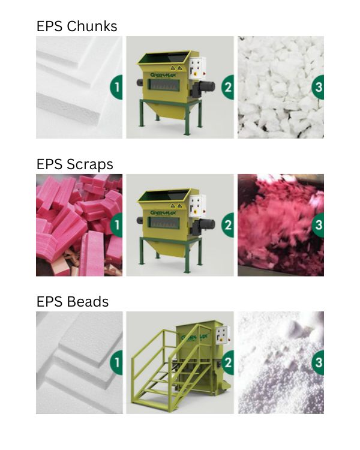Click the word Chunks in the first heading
pos(92,26)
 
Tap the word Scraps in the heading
pos(89,165)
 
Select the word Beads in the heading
pos(88,302)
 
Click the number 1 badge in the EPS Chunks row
pos(116,87)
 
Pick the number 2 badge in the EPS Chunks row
pos(227,87)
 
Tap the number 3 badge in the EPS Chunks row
pos(318,87)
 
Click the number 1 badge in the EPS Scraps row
pos(116,225)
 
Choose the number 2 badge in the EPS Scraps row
pos(227,225)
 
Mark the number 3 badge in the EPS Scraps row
pos(318,225)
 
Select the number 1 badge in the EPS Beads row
pos(116,362)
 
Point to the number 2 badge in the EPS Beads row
pos(227,362)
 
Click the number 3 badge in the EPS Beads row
pos(318,362)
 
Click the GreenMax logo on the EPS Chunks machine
pos(163,75)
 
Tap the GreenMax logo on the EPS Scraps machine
pos(163,212)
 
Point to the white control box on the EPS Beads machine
pos(223,335)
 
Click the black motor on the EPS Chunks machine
pos(205,87)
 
